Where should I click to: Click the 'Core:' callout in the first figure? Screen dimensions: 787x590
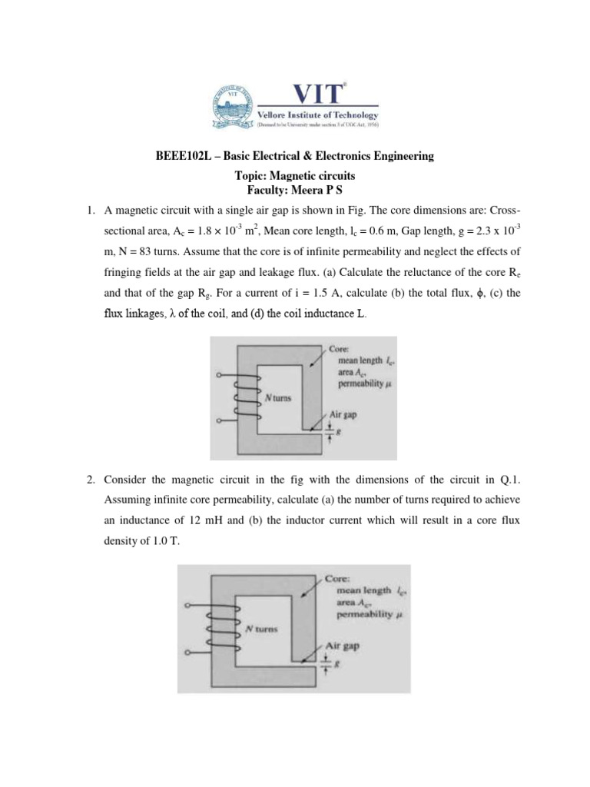coord(340,348)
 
